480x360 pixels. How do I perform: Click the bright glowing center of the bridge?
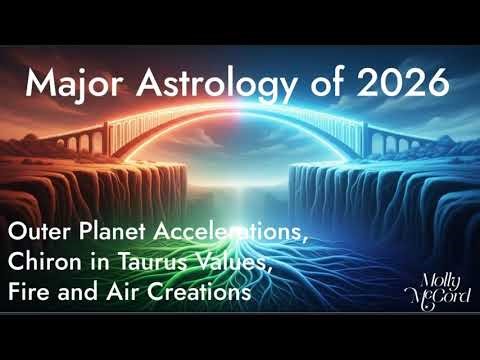coord(240,135)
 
